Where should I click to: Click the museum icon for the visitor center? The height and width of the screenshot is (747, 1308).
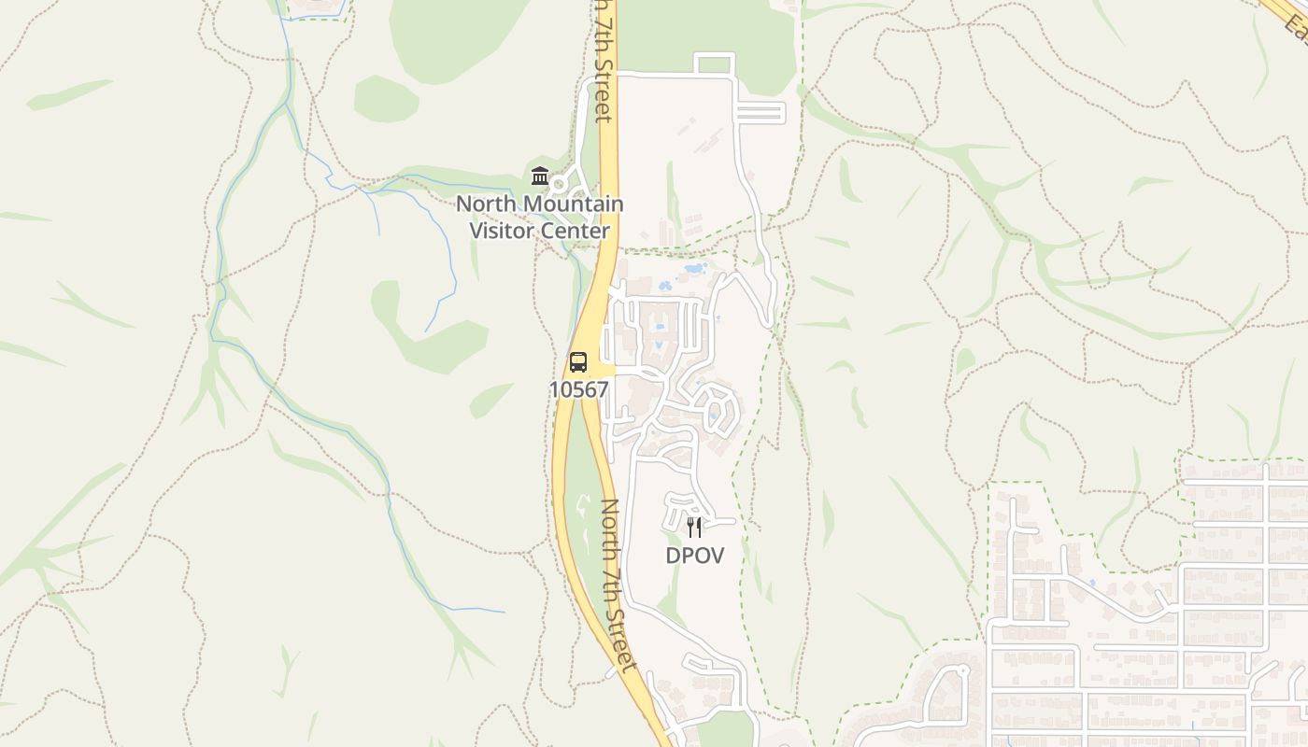(x=539, y=176)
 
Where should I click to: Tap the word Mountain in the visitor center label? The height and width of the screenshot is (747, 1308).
(x=575, y=204)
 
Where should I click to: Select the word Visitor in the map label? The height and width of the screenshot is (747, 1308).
(x=505, y=230)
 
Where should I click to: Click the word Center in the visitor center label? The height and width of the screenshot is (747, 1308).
(x=576, y=230)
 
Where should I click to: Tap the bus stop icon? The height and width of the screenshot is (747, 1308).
(x=578, y=362)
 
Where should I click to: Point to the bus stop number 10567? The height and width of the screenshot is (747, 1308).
(x=578, y=389)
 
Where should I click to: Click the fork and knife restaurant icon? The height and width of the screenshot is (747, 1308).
(x=694, y=528)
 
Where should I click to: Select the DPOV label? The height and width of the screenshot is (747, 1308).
(x=694, y=555)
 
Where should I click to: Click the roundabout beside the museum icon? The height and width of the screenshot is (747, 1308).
(x=560, y=183)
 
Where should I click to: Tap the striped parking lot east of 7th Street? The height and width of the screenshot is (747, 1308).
(x=761, y=114)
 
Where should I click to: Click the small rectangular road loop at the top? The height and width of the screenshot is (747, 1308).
(x=715, y=64)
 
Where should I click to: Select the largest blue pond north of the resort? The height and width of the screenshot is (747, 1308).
(x=694, y=269)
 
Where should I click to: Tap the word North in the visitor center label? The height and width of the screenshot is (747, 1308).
(x=485, y=204)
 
